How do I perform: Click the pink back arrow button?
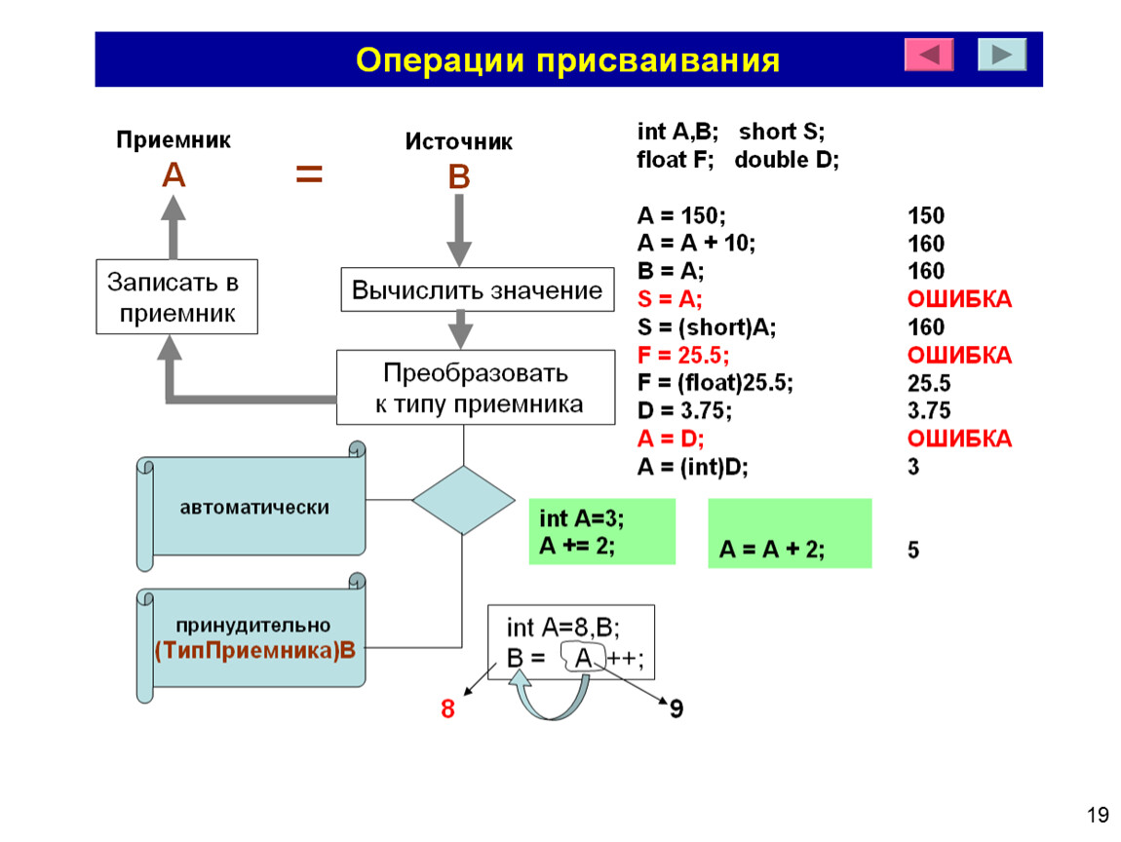(929, 55)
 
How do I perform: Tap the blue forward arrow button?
(1002, 55)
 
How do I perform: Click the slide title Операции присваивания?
(567, 60)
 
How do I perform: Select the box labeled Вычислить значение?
(477, 289)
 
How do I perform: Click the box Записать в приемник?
(176, 296)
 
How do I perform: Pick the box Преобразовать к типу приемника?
(476, 388)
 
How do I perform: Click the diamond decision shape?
(463, 500)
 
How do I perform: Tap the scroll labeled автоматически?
(251, 506)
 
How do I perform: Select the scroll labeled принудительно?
(251, 637)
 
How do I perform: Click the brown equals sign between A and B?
(309, 173)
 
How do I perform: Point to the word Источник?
(458, 141)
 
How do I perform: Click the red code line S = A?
(670, 299)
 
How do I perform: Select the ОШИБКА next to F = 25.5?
(959, 356)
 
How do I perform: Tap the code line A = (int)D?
(692, 468)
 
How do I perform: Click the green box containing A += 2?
(602, 532)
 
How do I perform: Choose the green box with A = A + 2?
(790, 533)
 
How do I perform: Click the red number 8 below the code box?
(447, 708)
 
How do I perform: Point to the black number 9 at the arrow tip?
(676, 708)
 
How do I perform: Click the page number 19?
(1098, 815)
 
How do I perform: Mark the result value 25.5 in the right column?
(929, 384)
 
